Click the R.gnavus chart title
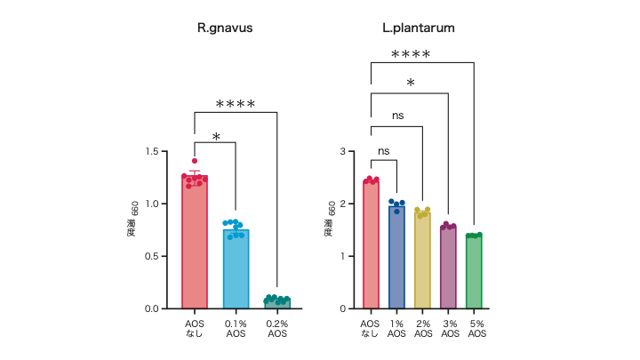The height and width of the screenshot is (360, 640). click(x=225, y=28)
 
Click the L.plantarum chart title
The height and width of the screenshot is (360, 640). click(x=419, y=28)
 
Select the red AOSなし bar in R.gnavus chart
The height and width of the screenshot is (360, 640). click(x=195, y=244)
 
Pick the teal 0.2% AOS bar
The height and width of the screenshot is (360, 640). click(x=277, y=304)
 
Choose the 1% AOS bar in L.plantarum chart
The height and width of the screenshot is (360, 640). click(x=396, y=258)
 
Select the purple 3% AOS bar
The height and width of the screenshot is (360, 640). click(x=448, y=268)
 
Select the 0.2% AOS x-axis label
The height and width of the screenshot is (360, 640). click(x=277, y=329)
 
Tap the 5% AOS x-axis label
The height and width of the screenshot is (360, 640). click(x=476, y=329)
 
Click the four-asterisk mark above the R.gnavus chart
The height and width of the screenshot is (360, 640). click(x=236, y=105)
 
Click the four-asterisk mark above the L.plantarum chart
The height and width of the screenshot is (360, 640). click(x=411, y=55)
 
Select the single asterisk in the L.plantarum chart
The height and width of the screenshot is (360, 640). click(x=410, y=84)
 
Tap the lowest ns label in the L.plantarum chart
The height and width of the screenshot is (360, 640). click(x=384, y=151)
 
